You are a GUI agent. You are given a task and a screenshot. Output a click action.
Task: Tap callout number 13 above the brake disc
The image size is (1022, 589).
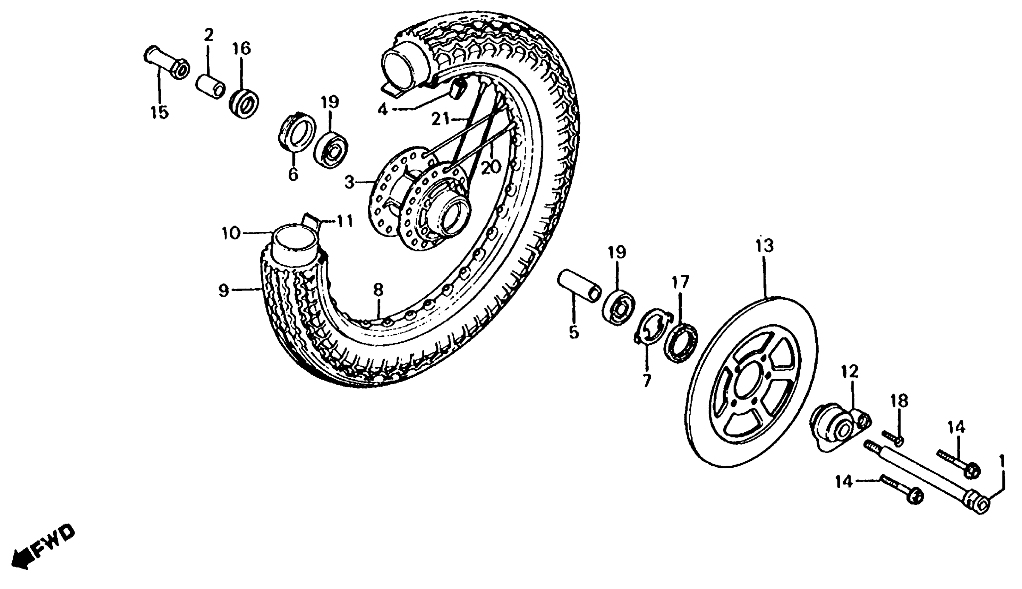tap(764, 246)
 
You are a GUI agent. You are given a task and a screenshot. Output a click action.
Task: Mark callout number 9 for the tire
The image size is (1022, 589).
tap(223, 290)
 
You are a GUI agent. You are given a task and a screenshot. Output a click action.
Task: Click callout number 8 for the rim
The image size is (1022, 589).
tap(377, 290)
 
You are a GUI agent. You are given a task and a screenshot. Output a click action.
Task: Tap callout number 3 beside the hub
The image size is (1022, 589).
tap(349, 183)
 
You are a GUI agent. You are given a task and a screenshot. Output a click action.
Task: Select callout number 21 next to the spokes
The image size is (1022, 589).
tap(441, 119)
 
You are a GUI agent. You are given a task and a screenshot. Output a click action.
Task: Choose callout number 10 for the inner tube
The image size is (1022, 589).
tap(231, 233)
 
